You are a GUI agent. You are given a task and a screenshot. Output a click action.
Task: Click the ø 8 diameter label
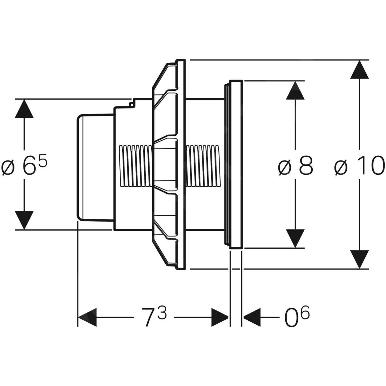click(x=295, y=166)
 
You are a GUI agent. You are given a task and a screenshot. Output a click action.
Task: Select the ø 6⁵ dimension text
click(x=24, y=166)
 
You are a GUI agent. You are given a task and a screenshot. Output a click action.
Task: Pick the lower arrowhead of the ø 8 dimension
click(x=295, y=239)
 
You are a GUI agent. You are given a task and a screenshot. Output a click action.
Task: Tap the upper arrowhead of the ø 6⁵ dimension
click(x=24, y=109)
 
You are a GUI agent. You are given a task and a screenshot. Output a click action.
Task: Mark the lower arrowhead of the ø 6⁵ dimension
click(x=24, y=220)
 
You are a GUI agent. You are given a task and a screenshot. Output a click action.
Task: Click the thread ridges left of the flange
click(x=135, y=166)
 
